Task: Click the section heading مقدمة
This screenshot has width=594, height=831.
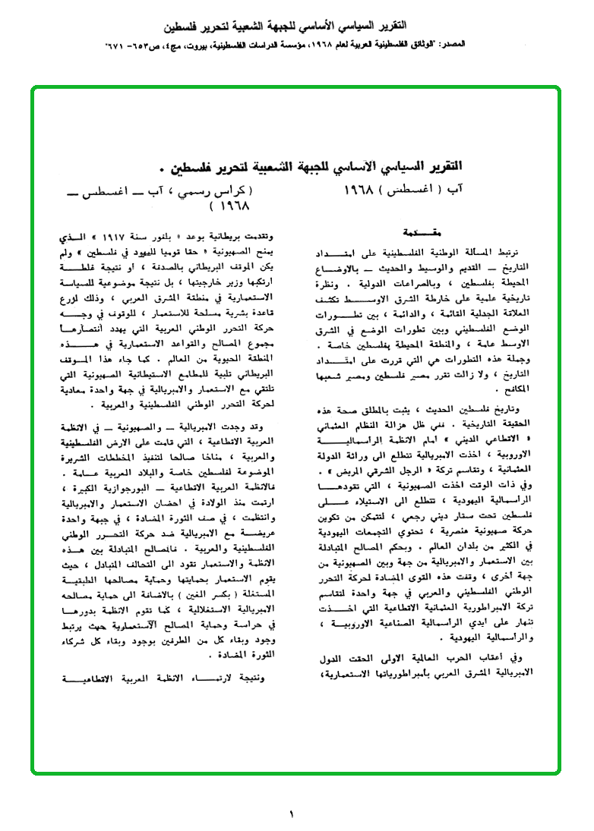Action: point(419,230)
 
